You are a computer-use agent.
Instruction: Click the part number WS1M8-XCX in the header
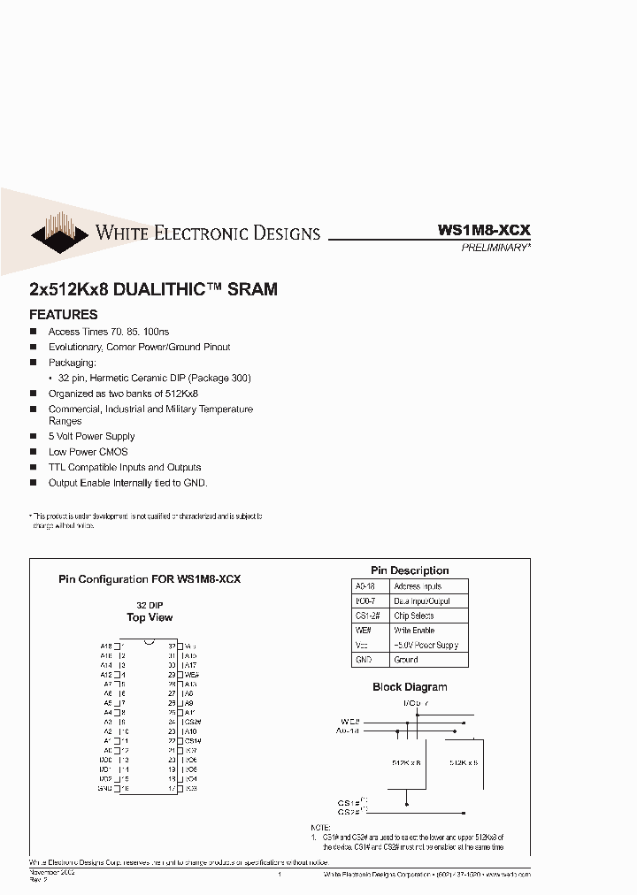484,229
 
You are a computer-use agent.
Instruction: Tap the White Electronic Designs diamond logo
60,233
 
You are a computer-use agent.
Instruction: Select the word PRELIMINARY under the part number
495,249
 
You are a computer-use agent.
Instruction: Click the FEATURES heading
64,314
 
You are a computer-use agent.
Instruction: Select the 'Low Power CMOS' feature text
88,452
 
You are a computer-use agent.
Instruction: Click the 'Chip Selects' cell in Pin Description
413,616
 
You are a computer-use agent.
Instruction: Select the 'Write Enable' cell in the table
414,631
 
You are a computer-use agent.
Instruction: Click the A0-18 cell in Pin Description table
365,586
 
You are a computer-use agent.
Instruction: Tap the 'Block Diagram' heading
410,686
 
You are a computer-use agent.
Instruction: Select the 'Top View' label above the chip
150,617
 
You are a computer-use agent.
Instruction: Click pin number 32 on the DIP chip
172,646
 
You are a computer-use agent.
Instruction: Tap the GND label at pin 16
104,788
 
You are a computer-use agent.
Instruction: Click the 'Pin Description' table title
410,570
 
